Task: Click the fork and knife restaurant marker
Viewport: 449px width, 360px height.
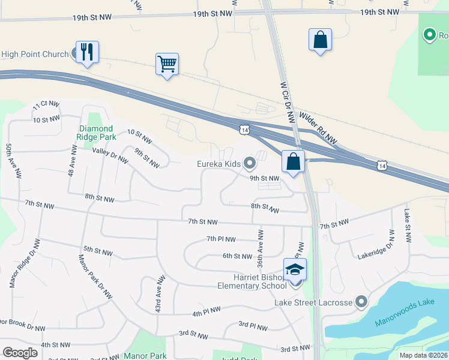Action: (88, 52)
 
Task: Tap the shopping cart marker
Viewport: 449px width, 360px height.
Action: (167, 64)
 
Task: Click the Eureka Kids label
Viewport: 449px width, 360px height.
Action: (218, 163)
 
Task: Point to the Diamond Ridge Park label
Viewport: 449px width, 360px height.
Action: (95, 133)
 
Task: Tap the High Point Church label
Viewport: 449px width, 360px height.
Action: (35, 55)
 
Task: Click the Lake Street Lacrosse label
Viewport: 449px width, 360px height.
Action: (313, 302)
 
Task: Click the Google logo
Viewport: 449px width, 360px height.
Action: (20, 353)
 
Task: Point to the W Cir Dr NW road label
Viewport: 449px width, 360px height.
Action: (288, 103)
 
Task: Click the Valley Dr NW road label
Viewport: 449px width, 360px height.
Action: (110, 155)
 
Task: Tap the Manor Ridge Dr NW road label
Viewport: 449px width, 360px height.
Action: (25, 263)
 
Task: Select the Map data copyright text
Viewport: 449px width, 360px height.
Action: (424, 355)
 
